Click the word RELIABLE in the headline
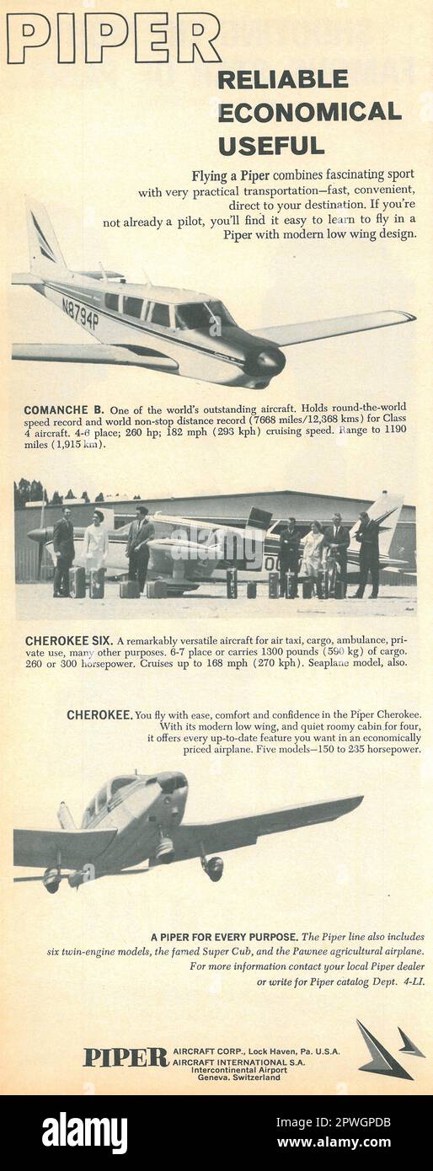282,79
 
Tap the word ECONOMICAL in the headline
309,112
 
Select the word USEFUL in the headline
270,145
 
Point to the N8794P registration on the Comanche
80,313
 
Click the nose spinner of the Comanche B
270,363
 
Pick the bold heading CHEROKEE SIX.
68,640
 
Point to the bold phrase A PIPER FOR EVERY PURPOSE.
223,936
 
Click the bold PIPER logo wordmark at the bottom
126,1057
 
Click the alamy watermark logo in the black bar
84,1133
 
